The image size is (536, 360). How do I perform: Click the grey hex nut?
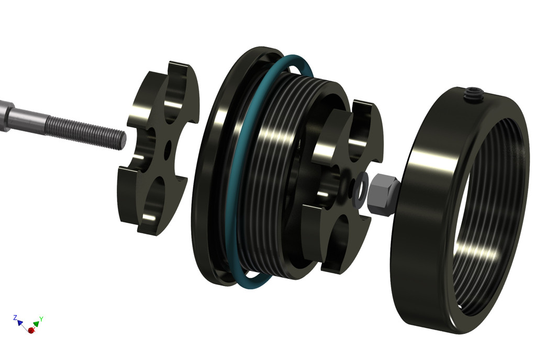pyautogui.click(x=383, y=194)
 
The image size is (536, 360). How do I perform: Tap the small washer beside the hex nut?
pyautogui.click(x=361, y=187)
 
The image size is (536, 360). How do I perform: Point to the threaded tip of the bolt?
pyautogui.click(x=121, y=140)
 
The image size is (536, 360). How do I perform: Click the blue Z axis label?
pyautogui.click(x=15, y=318)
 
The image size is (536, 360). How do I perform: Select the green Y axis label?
pyautogui.click(x=41, y=319)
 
